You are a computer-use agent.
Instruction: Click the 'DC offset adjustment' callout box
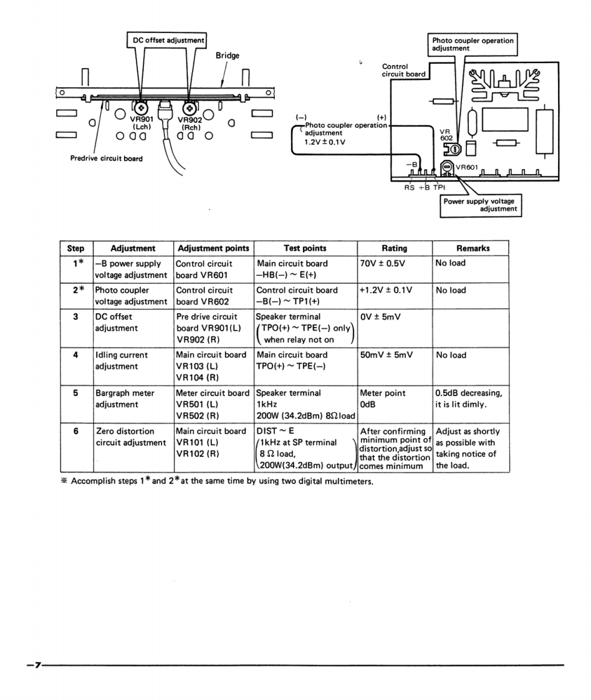click(x=168, y=41)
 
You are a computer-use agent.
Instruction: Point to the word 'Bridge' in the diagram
click(x=228, y=56)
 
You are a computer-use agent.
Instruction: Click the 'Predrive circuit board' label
click(x=106, y=158)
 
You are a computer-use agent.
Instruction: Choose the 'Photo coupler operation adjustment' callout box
click(x=473, y=44)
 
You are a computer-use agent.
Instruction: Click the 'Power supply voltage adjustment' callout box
click(x=481, y=205)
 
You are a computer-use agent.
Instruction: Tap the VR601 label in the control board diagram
click(x=466, y=167)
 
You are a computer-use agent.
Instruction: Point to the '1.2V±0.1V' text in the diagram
click(x=325, y=142)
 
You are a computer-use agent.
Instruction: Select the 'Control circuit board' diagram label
click(x=403, y=70)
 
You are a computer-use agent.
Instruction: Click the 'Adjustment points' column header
click(x=213, y=248)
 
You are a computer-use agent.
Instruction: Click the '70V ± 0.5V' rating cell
click(x=383, y=263)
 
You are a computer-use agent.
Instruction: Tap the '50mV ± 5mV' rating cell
click(x=387, y=356)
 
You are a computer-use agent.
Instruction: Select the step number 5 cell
click(x=75, y=394)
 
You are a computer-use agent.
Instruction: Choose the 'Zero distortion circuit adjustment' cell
click(x=130, y=436)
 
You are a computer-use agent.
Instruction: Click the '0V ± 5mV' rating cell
click(x=380, y=317)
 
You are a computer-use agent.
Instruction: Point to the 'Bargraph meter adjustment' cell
click(x=125, y=399)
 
